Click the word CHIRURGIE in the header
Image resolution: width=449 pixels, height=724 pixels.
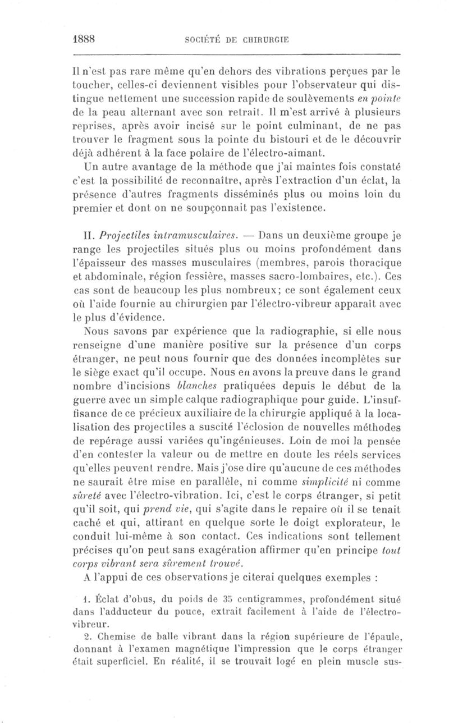(264, 40)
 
